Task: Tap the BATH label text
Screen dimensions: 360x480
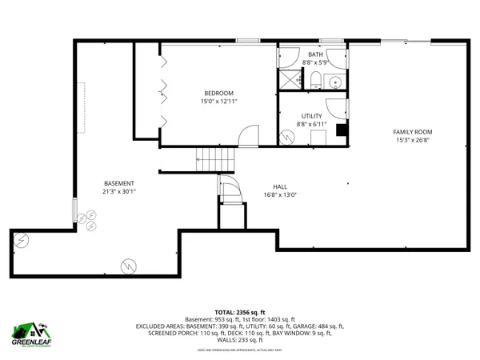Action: click(x=315, y=54)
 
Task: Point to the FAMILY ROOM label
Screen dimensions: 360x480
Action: click(x=412, y=131)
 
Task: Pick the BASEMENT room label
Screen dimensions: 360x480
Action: click(x=118, y=182)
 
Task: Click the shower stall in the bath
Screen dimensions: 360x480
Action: click(x=287, y=78)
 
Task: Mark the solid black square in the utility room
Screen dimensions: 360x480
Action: click(x=342, y=130)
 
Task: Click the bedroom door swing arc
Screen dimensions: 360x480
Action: click(x=250, y=136)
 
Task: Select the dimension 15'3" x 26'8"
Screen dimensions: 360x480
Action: click(x=412, y=140)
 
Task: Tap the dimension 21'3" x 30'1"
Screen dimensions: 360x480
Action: click(x=118, y=191)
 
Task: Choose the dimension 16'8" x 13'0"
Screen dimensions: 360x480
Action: click(x=280, y=194)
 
